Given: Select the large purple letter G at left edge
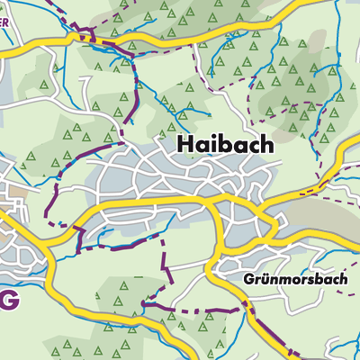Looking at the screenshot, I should coord(7,302).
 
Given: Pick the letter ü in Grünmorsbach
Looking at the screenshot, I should coord(265,279).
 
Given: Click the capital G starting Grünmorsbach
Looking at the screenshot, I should coord(248,279).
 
